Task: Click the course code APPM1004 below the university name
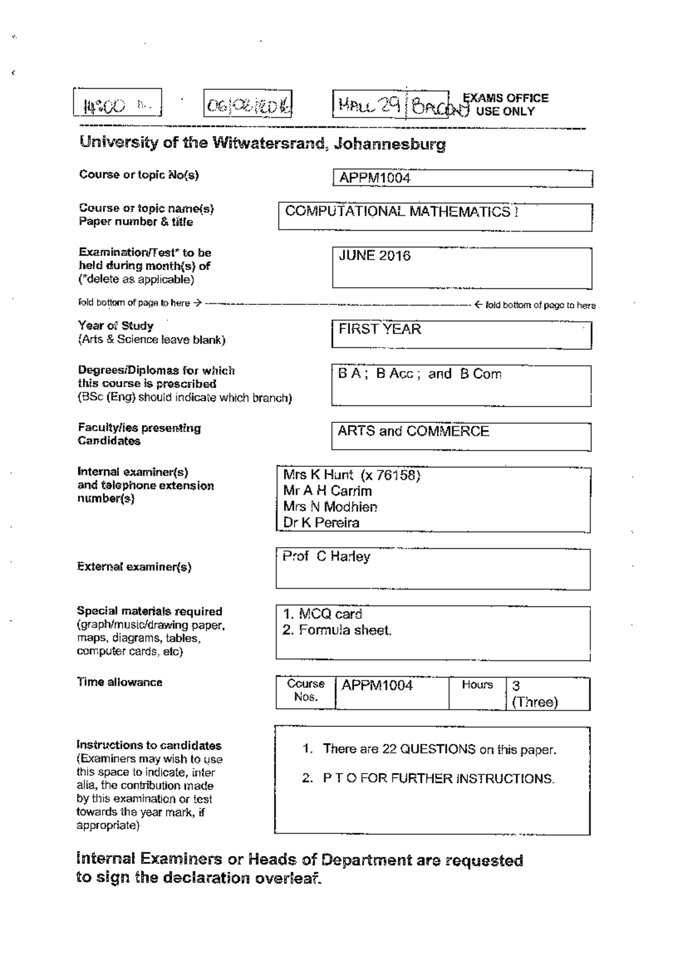pos(375,178)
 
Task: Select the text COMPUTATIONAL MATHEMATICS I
pos(402,212)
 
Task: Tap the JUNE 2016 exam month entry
pos(375,256)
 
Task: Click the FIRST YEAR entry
pos(380,329)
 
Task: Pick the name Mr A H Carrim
pos(328,491)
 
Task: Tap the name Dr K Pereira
pos(321,523)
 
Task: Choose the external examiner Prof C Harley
pos(326,557)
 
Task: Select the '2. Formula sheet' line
pos(337,630)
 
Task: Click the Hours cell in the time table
pos(477,685)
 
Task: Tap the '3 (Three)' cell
pos(534,694)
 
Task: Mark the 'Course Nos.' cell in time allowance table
pos(306,690)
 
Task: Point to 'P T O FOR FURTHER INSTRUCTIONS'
pos(438,779)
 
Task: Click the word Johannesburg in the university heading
pos(389,145)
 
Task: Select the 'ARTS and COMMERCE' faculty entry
pos(413,431)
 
